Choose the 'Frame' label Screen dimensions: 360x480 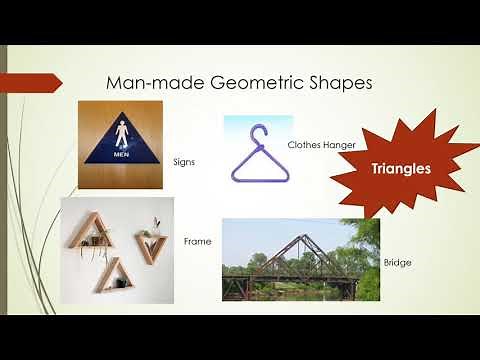pos(196,242)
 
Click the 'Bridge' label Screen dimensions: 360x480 pos(397,262)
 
